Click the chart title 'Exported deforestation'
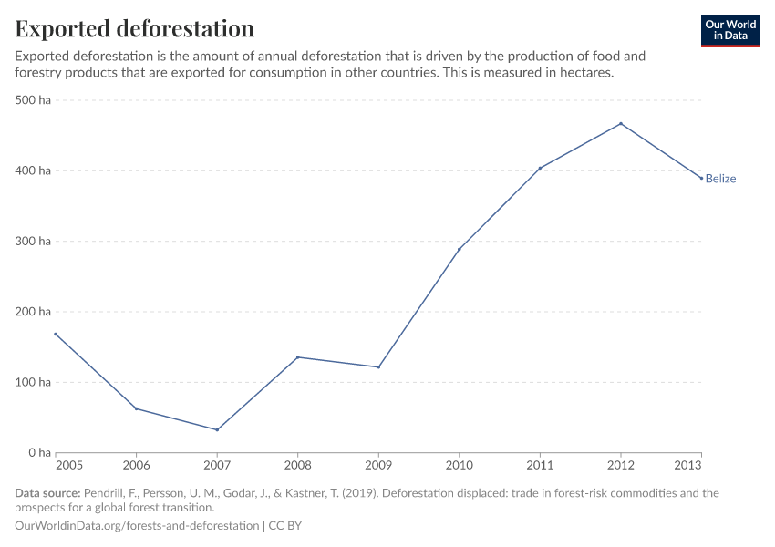134,28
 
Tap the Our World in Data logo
729,30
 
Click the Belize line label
720,179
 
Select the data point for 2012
621,124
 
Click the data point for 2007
217,429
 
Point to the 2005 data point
56,334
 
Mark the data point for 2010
460,249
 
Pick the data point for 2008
298,357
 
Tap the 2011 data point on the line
540,168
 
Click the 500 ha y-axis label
33,100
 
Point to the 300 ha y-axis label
33,242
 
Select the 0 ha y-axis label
38,453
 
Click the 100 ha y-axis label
33,382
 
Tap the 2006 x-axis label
136,466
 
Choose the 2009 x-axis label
378,466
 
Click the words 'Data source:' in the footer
46,493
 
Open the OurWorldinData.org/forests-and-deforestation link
137,526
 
